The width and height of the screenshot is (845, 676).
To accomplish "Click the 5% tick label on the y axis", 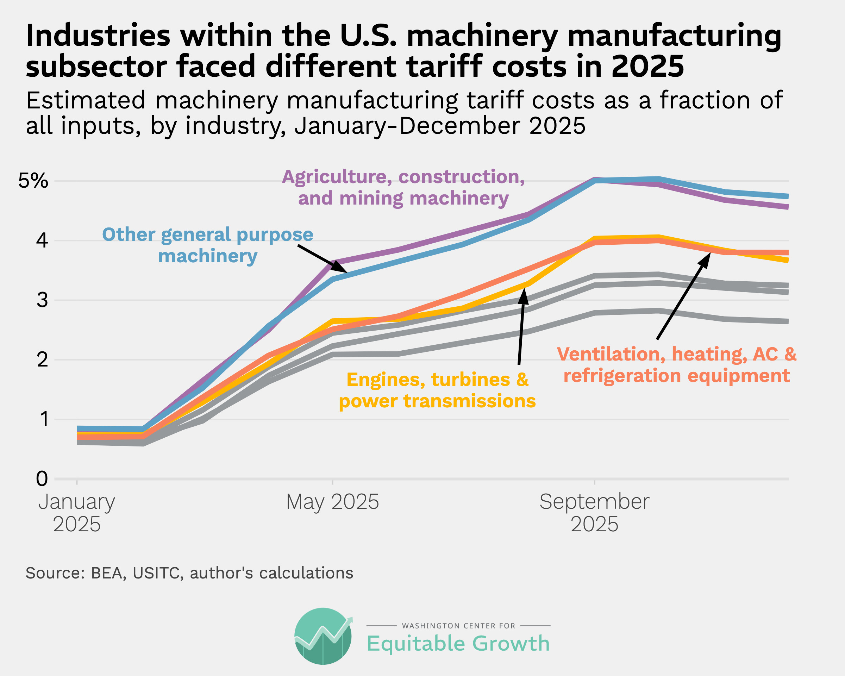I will pyautogui.click(x=33, y=181).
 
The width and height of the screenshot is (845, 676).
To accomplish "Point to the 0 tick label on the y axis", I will pyautogui.click(x=42, y=478).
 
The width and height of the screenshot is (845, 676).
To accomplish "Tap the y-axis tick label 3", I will pyautogui.click(x=42, y=300).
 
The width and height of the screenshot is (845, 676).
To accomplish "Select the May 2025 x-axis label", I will pyautogui.click(x=332, y=502).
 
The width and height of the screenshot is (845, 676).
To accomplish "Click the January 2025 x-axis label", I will pyautogui.click(x=77, y=513).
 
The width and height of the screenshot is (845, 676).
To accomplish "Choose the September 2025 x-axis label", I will pyautogui.click(x=594, y=513).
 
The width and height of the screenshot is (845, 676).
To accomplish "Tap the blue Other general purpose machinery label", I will pyautogui.click(x=208, y=245).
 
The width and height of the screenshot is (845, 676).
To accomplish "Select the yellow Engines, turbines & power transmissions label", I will pyautogui.click(x=437, y=390).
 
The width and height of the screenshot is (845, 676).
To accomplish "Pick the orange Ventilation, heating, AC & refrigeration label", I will pyautogui.click(x=676, y=365).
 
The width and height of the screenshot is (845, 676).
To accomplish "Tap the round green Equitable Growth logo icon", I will pyautogui.click(x=323, y=636).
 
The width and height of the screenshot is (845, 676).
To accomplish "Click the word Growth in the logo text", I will pyautogui.click(x=511, y=644).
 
